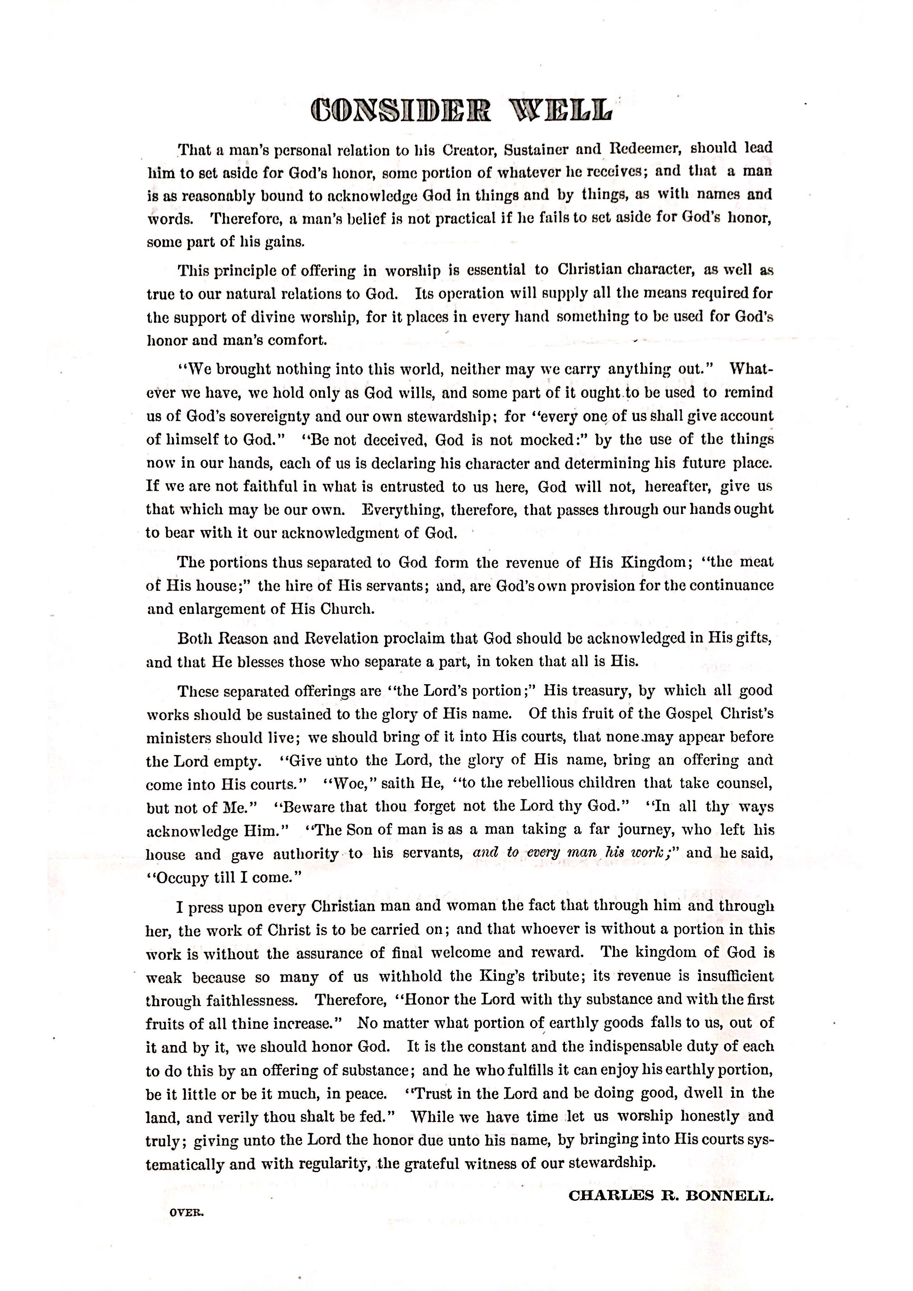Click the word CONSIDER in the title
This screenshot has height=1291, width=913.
(402, 111)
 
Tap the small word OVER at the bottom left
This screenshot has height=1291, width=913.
(186, 1229)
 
